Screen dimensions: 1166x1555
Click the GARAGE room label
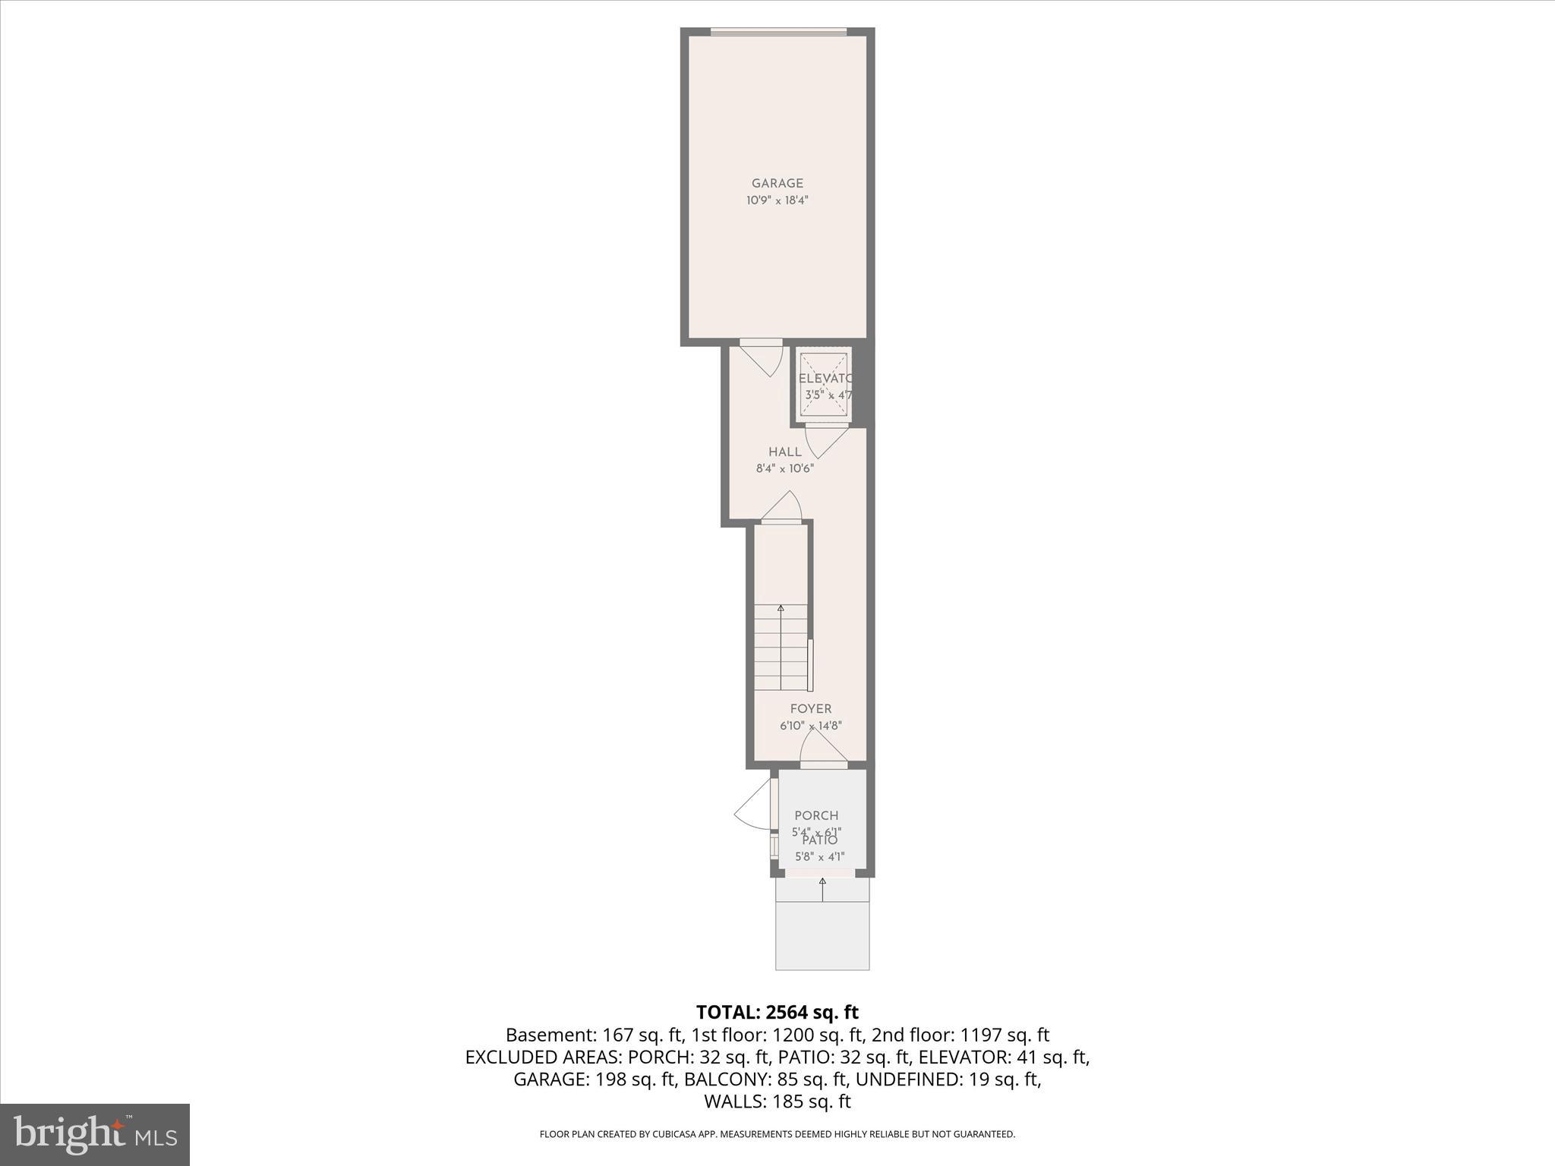pos(777,183)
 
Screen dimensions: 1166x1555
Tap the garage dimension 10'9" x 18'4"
pos(777,200)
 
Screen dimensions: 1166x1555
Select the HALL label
pos(784,452)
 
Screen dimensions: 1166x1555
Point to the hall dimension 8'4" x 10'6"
pos(784,468)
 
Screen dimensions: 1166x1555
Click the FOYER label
pos(810,708)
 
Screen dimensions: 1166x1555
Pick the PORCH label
pos(816,815)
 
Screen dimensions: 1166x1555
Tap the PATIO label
pos(820,840)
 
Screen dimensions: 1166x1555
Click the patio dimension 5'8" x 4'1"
pos(820,857)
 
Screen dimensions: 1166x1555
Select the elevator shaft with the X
pos(824,384)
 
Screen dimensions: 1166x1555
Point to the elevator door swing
pos(825,440)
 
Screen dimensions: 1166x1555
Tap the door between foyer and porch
pos(823,752)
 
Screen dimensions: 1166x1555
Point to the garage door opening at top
pos(777,32)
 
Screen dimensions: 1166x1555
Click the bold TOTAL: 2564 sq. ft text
pos(777,1012)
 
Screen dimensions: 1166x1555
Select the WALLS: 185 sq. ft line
pos(777,1101)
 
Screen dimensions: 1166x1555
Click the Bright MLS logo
pos(95,1134)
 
